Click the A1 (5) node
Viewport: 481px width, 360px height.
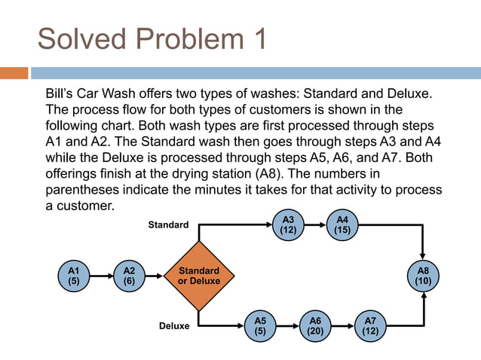click(73, 276)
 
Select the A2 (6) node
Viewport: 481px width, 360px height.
click(129, 276)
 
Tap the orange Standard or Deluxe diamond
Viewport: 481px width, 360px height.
click(199, 276)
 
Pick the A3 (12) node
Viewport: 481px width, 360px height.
click(287, 225)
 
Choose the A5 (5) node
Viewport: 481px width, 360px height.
click(260, 325)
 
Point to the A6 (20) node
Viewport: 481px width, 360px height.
click(315, 325)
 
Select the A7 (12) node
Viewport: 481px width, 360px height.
click(370, 325)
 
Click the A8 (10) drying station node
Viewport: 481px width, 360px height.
click(426, 276)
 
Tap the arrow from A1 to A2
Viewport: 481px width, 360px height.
click(101, 276)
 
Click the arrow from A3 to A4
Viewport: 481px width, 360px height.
click(315, 225)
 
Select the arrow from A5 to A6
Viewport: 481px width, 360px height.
click(288, 325)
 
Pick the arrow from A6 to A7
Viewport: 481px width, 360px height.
click(343, 325)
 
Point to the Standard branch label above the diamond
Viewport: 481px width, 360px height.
click(168, 224)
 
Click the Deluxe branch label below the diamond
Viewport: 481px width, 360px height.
click(174, 327)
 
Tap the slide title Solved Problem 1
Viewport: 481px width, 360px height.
click(152, 39)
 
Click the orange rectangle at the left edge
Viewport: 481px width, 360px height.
click(14, 73)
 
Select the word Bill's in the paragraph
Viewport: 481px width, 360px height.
click(62, 96)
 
